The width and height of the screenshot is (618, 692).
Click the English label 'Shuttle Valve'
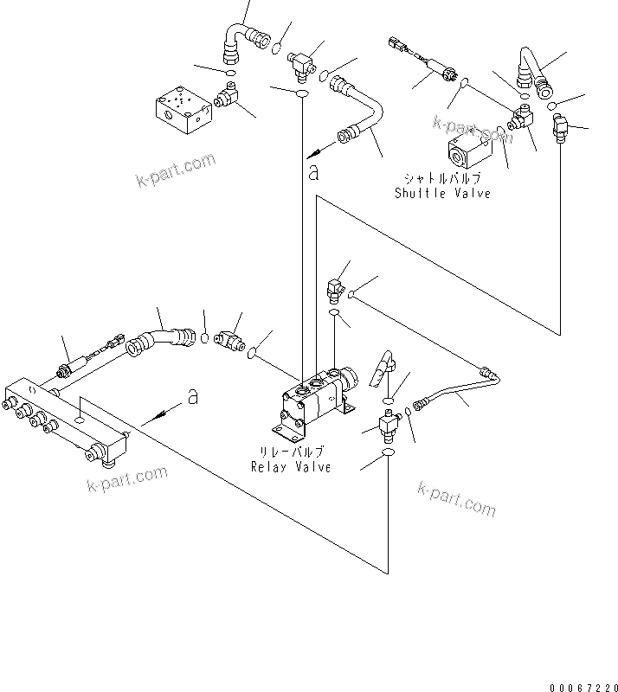point(442,193)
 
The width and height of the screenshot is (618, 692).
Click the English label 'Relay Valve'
point(291,467)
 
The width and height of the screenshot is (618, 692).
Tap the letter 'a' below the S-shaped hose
point(313,172)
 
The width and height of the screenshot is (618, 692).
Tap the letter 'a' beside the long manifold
point(193,397)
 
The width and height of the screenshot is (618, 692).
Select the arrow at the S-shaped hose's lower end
point(322,144)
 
